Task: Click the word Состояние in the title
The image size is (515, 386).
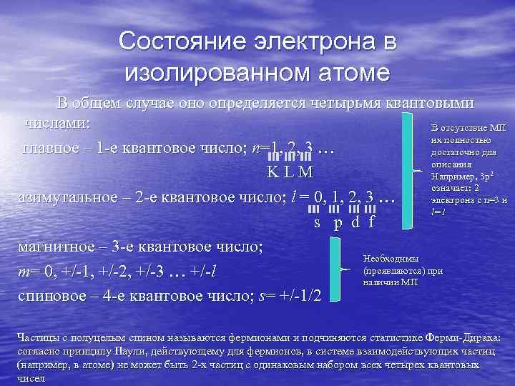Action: click(x=176, y=43)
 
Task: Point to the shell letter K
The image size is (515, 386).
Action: click(x=273, y=173)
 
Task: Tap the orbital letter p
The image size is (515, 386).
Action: click(x=337, y=222)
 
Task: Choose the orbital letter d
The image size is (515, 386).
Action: click(x=355, y=222)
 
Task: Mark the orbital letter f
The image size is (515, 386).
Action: click(x=371, y=222)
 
